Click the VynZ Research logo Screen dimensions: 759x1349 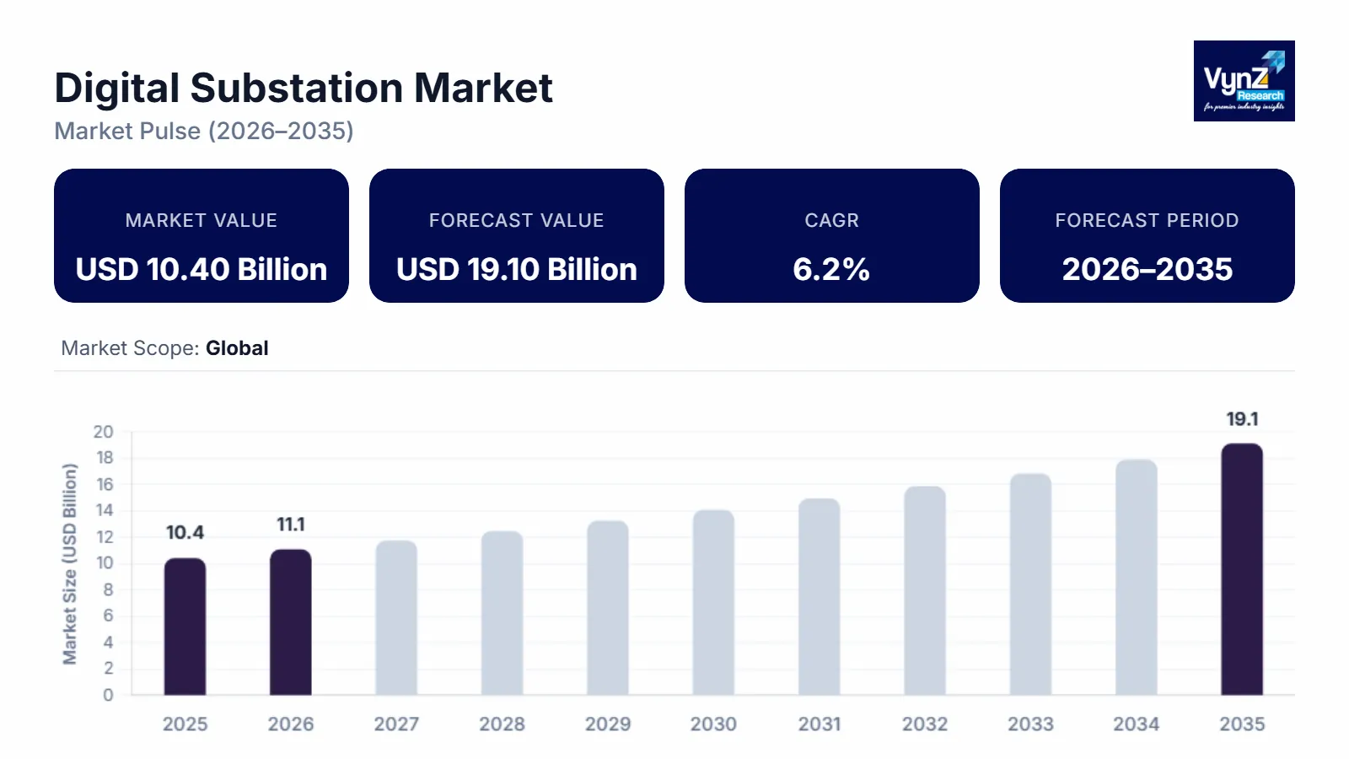point(1244,81)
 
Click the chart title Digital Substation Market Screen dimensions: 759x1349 point(304,89)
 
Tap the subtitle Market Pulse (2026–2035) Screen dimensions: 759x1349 point(204,132)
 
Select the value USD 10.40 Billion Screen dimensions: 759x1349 point(202,270)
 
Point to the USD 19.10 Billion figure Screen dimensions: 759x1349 point(516,270)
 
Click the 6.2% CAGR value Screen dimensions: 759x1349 point(831,270)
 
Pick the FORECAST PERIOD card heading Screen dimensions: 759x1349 point(1147,221)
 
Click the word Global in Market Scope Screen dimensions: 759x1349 point(237,348)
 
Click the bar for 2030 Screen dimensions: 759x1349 point(713,603)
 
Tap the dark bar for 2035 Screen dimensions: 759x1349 point(1242,569)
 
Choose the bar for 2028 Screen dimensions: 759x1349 point(502,613)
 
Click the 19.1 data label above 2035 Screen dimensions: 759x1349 point(1242,419)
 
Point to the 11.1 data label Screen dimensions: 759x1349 point(291,525)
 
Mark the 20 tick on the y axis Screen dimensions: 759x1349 point(103,432)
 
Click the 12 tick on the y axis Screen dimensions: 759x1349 point(105,537)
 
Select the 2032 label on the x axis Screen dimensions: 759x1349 point(925,724)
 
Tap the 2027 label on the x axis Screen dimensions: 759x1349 point(396,724)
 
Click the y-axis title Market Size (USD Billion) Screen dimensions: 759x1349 point(70,563)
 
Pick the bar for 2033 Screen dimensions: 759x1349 point(1030,584)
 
